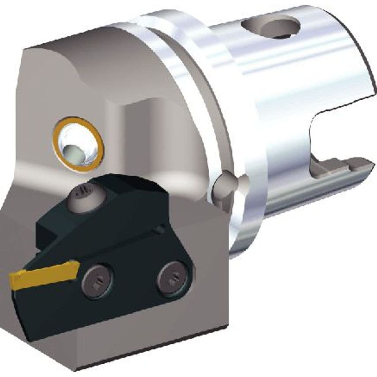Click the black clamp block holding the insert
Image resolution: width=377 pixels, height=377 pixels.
pos(110,207)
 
